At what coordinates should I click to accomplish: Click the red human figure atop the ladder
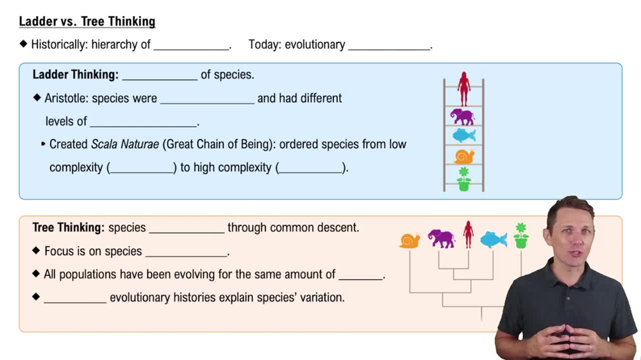[x=464, y=89]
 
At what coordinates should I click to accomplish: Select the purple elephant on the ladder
[x=462, y=117]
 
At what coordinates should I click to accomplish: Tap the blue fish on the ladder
[x=464, y=136]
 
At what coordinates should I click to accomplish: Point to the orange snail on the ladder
[x=464, y=156]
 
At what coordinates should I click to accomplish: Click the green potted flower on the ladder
[x=463, y=179]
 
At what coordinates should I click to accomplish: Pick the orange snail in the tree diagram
[x=410, y=240]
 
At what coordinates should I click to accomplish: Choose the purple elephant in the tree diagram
[x=442, y=238]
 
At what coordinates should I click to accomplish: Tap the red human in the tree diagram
[x=469, y=234]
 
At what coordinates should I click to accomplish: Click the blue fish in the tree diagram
[x=494, y=240]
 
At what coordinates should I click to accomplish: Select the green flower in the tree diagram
[x=521, y=236]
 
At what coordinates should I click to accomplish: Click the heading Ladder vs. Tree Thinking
[x=87, y=22]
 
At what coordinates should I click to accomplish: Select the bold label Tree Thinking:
[x=69, y=227]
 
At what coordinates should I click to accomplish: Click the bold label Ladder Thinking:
[x=76, y=75]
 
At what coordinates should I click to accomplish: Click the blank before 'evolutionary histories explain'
[x=75, y=299]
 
